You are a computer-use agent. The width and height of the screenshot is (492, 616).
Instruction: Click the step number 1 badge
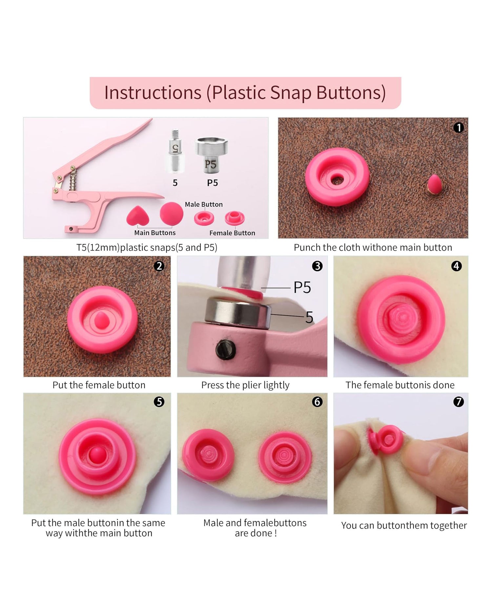459,127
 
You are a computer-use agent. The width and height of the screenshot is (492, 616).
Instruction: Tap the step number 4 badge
457,266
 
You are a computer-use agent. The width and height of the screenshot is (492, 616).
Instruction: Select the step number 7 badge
458,402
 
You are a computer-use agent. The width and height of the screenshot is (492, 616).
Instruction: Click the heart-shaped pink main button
138,216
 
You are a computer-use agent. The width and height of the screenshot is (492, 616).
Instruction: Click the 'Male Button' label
204,204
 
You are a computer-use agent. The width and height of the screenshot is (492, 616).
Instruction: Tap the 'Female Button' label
232,233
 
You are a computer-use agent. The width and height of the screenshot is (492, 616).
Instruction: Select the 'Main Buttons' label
155,233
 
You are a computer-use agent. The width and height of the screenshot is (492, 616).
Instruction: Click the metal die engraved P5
211,154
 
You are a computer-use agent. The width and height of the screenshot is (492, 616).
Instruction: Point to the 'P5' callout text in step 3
302,287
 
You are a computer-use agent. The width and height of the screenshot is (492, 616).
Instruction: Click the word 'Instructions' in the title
153,93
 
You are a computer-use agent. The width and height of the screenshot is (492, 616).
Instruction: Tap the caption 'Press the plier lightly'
245,385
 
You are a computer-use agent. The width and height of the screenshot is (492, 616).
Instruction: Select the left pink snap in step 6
208,455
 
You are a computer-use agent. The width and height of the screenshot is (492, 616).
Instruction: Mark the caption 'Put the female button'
99,385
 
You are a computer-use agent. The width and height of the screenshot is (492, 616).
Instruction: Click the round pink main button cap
171,214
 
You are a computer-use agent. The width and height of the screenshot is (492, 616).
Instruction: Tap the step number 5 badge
159,401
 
